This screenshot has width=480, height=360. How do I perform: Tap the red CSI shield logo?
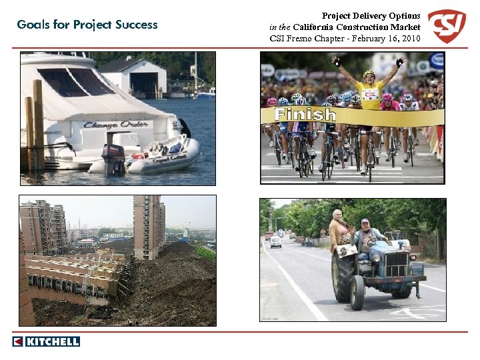click(x=446, y=26)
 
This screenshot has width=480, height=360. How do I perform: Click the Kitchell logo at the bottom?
click(x=46, y=341)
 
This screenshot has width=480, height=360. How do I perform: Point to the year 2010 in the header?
click(x=409, y=38)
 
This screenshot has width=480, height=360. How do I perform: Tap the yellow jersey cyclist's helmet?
click(x=368, y=73)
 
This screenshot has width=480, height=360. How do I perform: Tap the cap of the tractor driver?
click(x=365, y=221)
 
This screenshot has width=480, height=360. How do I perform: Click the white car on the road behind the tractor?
click(x=276, y=241)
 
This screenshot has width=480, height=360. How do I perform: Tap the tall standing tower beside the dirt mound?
click(x=148, y=227)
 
